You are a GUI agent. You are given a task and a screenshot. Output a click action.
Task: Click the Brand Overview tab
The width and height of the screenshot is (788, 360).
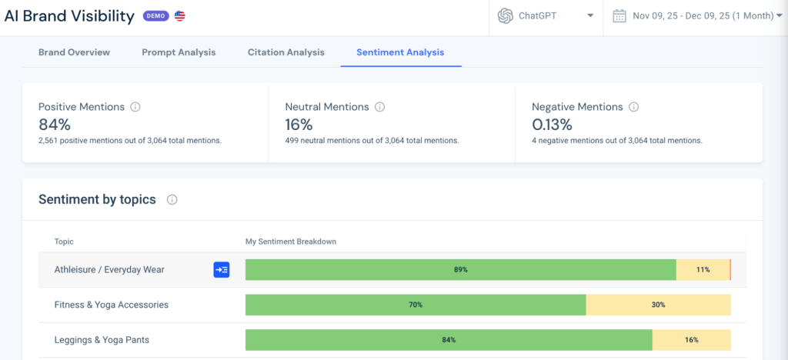pos(74,52)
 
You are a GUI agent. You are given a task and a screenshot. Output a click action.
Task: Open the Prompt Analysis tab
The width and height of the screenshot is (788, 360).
pos(179,52)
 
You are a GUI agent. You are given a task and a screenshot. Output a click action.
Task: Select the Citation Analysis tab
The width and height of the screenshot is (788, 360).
pos(285,52)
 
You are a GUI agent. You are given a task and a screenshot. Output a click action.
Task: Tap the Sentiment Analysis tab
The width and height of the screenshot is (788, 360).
pos(400,52)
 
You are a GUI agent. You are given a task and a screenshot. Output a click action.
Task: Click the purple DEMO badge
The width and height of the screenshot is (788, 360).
pos(155,16)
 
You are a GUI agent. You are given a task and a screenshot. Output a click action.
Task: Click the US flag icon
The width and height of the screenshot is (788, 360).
pos(179,16)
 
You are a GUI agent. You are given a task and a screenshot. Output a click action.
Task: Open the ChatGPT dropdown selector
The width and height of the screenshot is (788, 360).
pos(546,16)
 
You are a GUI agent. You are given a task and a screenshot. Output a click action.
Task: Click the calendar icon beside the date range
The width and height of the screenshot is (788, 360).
pos(619,16)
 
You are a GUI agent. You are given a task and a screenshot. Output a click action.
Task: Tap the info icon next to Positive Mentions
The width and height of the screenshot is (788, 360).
pos(135,108)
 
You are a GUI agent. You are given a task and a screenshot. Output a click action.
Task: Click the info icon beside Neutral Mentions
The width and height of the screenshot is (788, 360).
pos(379,108)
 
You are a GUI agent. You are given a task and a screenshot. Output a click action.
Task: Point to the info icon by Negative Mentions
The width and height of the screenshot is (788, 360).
pos(633,108)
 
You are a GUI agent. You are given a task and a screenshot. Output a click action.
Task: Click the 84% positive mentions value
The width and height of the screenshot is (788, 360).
pos(55,124)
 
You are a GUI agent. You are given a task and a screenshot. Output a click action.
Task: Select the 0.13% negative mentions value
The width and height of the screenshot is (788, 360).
pos(553,124)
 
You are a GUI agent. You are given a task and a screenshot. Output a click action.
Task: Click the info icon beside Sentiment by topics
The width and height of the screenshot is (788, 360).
pos(172,200)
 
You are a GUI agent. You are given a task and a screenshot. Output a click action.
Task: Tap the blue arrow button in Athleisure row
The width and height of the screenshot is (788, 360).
pos(222,270)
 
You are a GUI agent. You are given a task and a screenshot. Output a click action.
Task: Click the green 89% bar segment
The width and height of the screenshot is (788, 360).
pos(460,270)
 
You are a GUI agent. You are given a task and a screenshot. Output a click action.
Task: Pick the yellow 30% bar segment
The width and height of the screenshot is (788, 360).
pos(658,305)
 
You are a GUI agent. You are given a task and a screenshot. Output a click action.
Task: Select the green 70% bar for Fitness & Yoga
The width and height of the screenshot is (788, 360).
pos(416,305)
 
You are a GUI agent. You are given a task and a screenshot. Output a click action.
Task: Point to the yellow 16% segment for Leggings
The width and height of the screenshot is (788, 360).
pos(691,339)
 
